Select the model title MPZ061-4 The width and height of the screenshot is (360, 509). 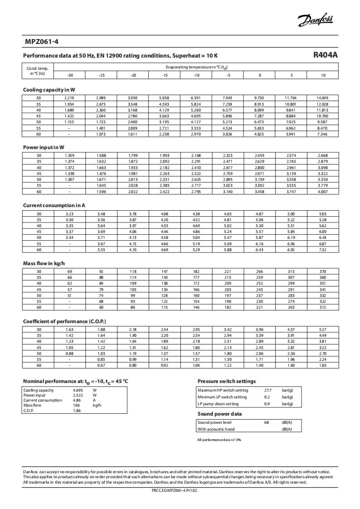pos(42,42)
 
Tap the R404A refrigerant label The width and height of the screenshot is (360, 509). pos(325,55)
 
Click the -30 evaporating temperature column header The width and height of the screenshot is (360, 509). pos(69,75)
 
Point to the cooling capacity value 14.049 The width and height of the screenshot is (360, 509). pos(322,98)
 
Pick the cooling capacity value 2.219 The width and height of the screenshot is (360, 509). pos(69,98)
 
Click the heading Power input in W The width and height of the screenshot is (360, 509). pos(44,147)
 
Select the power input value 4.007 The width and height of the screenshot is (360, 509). pos(322,192)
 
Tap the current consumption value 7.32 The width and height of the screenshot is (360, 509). pos(322,250)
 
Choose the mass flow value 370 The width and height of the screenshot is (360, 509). pos(322,271)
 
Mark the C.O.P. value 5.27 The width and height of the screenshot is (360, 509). pos(322,330)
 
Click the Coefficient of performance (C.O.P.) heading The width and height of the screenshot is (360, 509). pos(64,321)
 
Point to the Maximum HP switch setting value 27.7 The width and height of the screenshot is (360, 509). pos(268,390)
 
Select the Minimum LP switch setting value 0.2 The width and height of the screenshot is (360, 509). pos(267,397)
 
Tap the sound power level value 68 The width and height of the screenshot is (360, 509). pos(267,422)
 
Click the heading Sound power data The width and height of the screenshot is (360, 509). pos(219,414)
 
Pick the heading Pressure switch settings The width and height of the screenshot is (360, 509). pos(227,381)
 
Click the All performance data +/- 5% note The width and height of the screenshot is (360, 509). pos(219,440)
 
